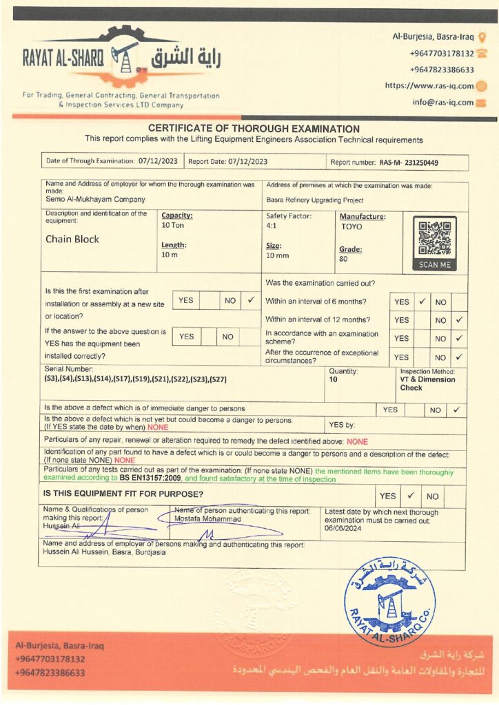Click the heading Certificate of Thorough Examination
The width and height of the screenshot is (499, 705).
pos(254,129)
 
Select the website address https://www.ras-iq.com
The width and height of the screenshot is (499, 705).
pos(429,86)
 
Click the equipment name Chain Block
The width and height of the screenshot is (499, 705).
pos(72,240)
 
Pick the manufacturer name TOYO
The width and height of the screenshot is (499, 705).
pos(351,227)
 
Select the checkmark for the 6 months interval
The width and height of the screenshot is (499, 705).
pos(422,302)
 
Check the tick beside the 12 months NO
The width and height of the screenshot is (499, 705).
pos(459,320)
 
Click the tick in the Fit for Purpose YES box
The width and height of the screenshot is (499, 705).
pos(410,495)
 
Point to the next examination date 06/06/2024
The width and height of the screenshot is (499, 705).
pos(343,529)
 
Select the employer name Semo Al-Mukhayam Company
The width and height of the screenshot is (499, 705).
pos(95,200)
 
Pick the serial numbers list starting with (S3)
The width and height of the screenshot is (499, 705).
pos(136,379)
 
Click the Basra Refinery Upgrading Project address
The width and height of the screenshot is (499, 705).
pos(314,200)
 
